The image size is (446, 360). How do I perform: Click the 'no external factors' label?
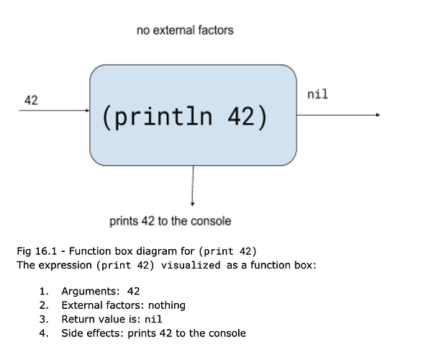coord(185,30)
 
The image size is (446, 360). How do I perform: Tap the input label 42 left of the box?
coord(31,100)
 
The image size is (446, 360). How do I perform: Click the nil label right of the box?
coord(317,94)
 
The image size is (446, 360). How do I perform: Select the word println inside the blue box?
coord(163,117)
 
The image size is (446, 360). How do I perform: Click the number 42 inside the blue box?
coord(241,116)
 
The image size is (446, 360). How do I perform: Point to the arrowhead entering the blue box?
coord(88,110)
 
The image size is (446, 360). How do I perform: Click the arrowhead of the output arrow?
coord(378,115)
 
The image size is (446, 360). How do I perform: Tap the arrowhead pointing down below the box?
coord(193,204)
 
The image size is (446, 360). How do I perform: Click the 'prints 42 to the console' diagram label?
coord(170,221)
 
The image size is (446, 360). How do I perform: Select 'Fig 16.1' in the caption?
coord(37,251)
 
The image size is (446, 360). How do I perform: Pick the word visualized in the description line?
coord(191,265)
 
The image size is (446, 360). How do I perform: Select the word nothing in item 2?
coord(167,305)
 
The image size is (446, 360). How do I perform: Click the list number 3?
coord(44,319)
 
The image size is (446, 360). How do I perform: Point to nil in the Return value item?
coord(153,319)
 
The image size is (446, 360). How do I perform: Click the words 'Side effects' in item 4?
coord(93,333)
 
